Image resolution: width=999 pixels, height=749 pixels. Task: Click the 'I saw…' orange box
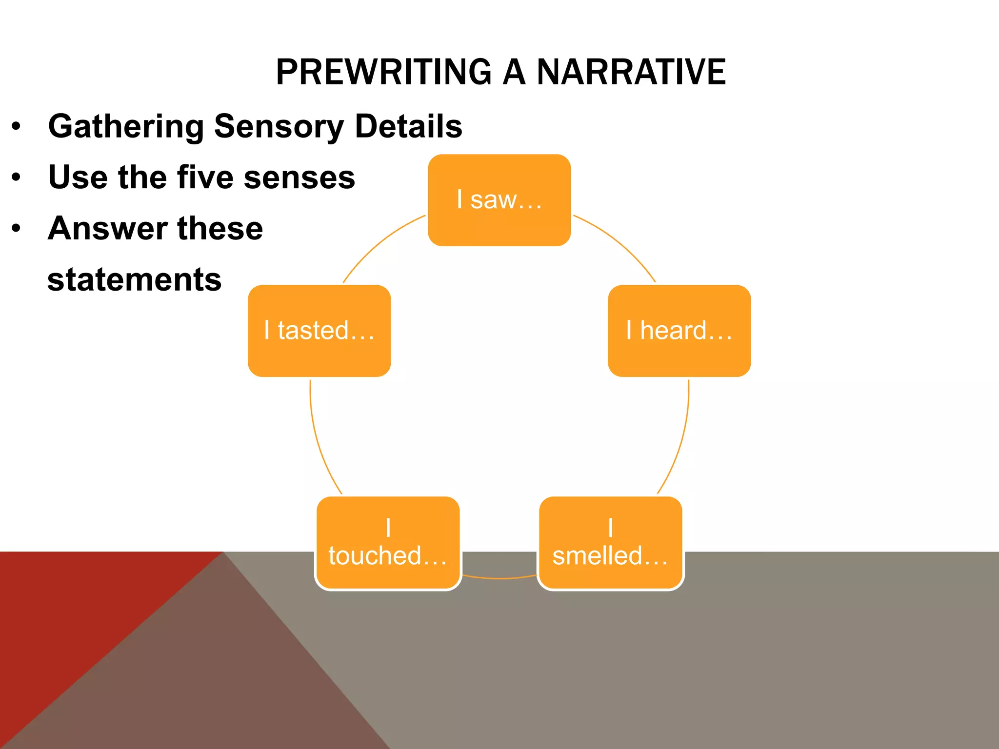(499, 200)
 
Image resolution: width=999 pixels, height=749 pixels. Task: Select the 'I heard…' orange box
(679, 331)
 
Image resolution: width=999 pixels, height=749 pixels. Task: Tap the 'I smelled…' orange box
(610, 543)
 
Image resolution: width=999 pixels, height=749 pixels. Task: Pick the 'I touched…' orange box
(388, 543)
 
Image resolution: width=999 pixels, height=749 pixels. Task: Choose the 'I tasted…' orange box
(319, 331)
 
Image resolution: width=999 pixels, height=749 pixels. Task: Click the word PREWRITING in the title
(384, 72)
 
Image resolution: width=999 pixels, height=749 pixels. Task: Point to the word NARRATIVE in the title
(631, 72)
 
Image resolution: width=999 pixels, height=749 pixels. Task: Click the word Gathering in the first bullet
(126, 126)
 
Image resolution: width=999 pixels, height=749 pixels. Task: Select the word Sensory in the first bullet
(279, 126)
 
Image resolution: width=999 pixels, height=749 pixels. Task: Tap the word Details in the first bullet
(408, 126)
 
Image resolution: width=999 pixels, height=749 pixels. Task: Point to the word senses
(299, 177)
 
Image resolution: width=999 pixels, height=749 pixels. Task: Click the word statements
(135, 279)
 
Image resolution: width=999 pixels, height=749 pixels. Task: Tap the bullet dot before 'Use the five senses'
(17, 177)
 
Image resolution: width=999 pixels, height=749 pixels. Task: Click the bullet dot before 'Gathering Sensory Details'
(17, 126)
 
